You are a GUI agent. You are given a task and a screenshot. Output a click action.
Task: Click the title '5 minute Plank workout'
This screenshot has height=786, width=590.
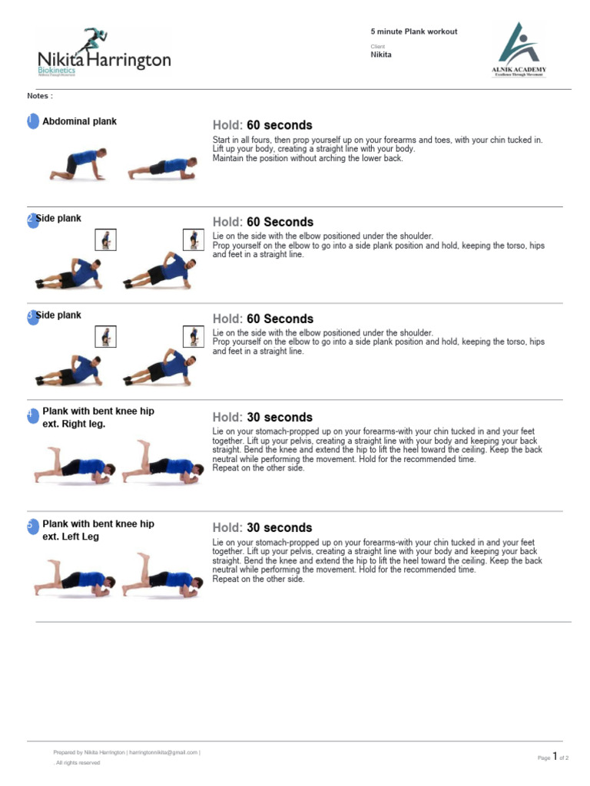tap(414, 31)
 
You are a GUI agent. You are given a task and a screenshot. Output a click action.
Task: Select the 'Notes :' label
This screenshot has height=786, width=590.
tap(40, 96)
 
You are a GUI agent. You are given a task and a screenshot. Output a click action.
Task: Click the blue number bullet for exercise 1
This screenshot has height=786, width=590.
tap(31, 121)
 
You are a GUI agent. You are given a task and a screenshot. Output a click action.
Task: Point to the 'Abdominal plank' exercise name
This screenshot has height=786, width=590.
tap(80, 121)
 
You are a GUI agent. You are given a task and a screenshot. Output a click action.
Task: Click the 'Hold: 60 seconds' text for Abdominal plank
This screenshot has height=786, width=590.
tap(263, 125)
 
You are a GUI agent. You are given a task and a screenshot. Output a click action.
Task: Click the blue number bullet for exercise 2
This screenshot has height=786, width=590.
tap(31, 220)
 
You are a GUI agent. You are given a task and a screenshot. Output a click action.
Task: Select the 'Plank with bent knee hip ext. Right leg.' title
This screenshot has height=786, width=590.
tap(98, 418)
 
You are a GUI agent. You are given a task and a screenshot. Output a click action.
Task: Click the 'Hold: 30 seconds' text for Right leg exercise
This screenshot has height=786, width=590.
tap(263, 418)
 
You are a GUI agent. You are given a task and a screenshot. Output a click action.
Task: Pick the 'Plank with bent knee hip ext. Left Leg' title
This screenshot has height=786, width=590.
tap(98, 530)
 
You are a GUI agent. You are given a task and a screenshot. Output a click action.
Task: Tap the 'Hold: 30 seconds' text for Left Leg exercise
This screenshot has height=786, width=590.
tap(263, 528)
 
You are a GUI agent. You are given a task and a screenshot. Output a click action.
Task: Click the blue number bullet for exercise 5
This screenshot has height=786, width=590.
tap(31, 525)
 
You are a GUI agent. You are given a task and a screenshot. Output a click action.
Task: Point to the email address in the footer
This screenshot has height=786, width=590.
tap(164, 753)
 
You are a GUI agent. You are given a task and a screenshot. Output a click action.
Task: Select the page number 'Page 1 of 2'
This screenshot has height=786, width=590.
tap(553, 758)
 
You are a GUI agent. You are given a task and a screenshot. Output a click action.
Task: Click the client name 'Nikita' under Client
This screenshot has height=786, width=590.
tap(382, 54)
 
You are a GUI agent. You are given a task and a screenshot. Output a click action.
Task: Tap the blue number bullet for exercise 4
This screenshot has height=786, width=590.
tap(31, 414)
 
